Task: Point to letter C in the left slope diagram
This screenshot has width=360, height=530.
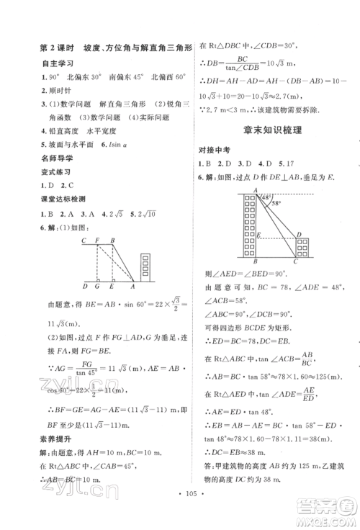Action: (85, 241)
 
